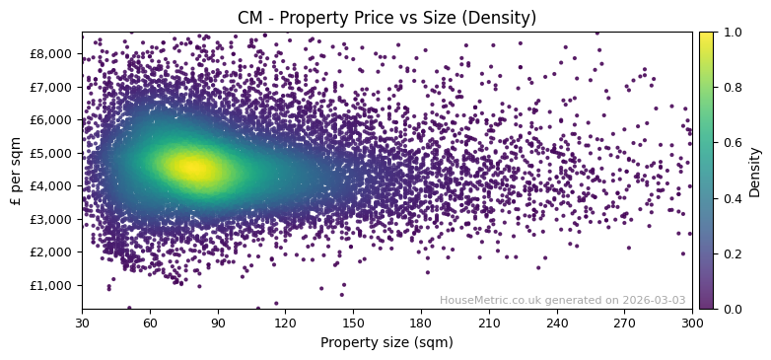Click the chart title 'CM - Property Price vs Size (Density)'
386,18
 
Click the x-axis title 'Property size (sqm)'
386,343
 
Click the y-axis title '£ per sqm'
16,170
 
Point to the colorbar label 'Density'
755,171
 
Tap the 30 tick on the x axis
82,323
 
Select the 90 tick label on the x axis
218,323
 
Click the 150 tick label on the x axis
353,323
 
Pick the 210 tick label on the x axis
489,323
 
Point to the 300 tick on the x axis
692,323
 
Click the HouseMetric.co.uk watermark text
562,300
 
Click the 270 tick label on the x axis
624,323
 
